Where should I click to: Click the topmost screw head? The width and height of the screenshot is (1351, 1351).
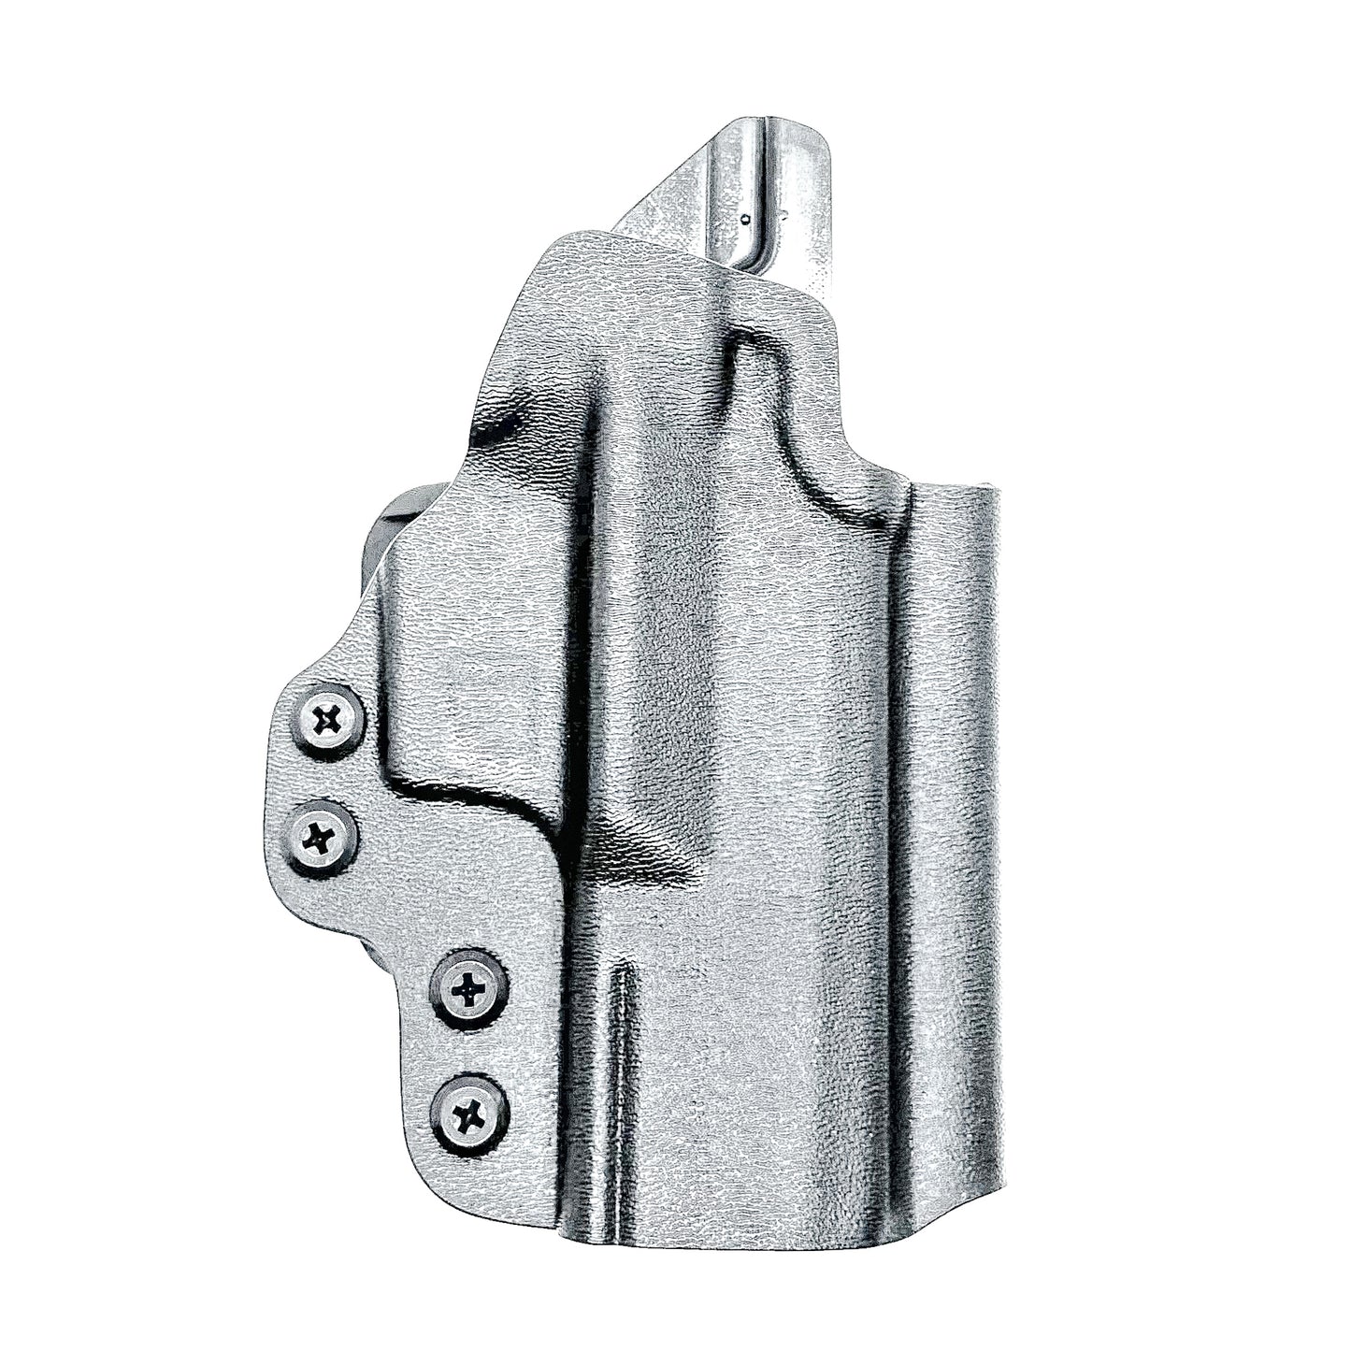coord(327,720)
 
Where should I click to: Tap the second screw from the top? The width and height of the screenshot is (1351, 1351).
coord(321,838)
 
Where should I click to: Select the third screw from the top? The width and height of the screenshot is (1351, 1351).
coord(469,988)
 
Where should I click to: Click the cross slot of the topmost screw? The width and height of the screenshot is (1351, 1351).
coord(327,720)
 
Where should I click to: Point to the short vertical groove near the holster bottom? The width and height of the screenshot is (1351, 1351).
coord(617,1028)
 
